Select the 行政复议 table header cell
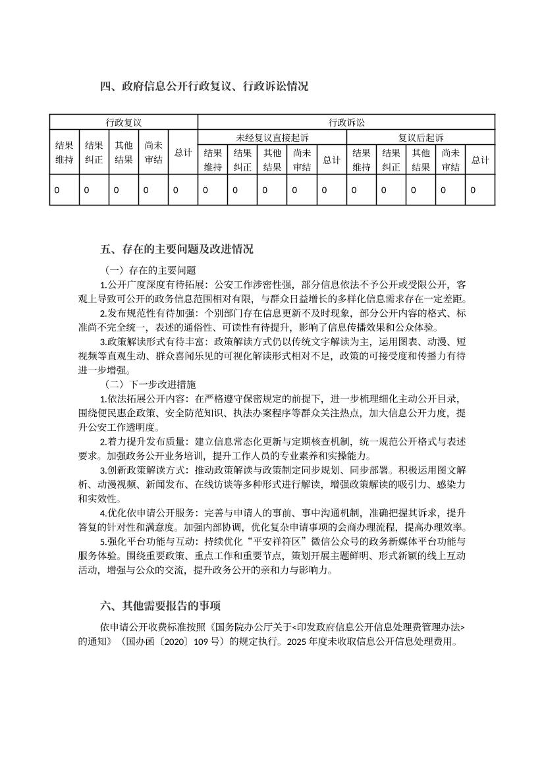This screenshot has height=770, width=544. point(124,122)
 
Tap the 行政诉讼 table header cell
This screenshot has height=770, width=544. point(346,122)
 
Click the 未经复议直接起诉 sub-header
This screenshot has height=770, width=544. point(272,137)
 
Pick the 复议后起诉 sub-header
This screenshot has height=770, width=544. point(421,137)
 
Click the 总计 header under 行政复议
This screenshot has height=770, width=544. point(183,152)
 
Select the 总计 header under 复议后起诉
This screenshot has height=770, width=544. point(480,159)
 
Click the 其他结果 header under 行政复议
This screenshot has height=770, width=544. point(124,152)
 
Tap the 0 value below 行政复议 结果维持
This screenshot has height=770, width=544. point(57,190)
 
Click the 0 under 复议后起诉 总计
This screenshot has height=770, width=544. point(473,190)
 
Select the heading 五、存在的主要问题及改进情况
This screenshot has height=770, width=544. point(177,250)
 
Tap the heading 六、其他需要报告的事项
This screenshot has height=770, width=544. point(161,605)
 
